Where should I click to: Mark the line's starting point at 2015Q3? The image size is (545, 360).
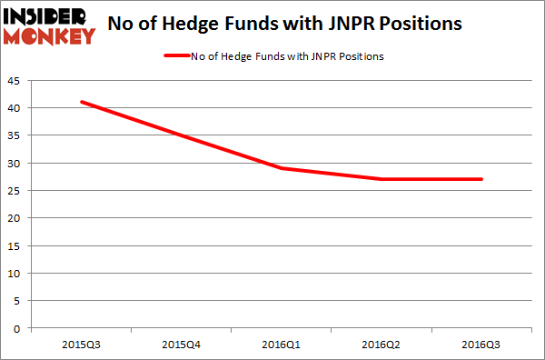[83, 102]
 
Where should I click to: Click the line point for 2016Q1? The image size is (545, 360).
[282, 168]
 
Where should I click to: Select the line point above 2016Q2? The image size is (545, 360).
[381, 179]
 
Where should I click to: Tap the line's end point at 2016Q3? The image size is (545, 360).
[481, 179]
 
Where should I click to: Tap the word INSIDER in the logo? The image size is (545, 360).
[48, 17]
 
